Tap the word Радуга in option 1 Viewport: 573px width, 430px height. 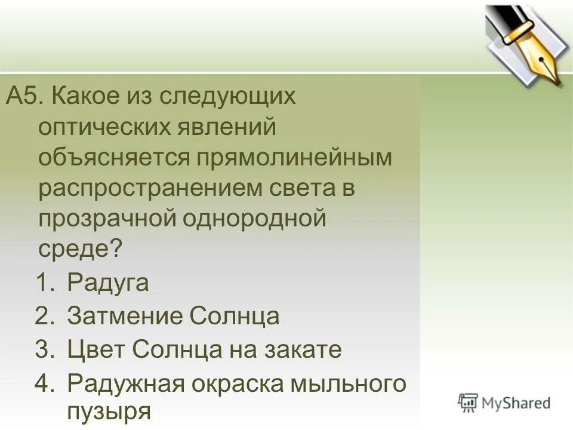pyautogui.click(x=108, y=282)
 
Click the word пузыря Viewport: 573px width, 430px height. pyautogui.click(x=108, y=411)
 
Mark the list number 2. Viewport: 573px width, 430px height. pyautogui.click(x=45, y=316)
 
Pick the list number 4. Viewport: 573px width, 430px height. pyautogui.click(x=45, y=383)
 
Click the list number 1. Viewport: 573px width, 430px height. pyautogui.click(x=45, y=282)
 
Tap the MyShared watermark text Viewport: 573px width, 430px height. pyautogui.click(x=515, y=403)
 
